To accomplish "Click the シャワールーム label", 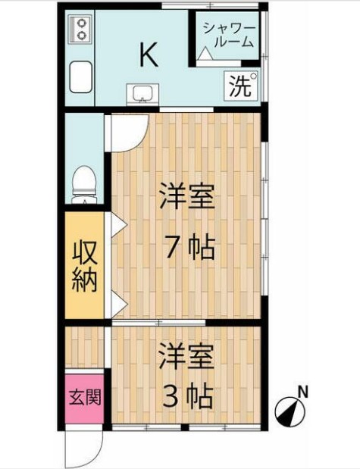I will (x=228, y=36).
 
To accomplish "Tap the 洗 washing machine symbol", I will (x=241, y=86).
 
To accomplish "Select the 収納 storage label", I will (x=84, y=267).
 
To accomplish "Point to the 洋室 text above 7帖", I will (x=186, y=199).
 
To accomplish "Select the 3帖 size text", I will (x=186, y=396).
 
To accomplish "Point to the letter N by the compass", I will (x=302, y=392).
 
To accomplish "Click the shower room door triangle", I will (x=205, y=55).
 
